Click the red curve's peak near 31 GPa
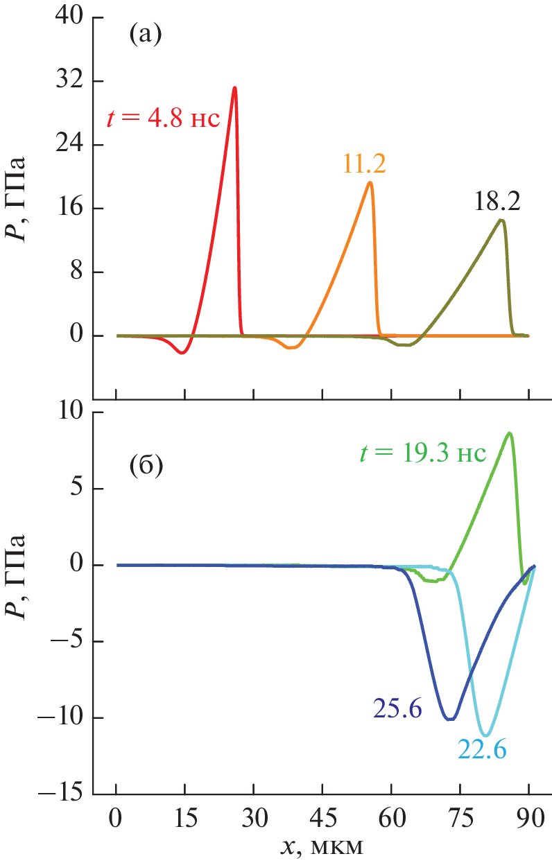click(235, 88)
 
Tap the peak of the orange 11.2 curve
click(370, 183)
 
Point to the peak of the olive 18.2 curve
click(501, 220)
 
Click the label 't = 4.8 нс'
click(163, 119)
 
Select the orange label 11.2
click(364, 163)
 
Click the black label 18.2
click(497, 201)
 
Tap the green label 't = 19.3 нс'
click(423, 453)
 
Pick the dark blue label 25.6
click(397, 708)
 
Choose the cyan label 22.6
click(481, 749)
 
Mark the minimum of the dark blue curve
click(451, 720)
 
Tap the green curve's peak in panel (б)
click(510, 433)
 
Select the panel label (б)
click(146, 467)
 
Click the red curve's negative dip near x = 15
click(182, 353)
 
